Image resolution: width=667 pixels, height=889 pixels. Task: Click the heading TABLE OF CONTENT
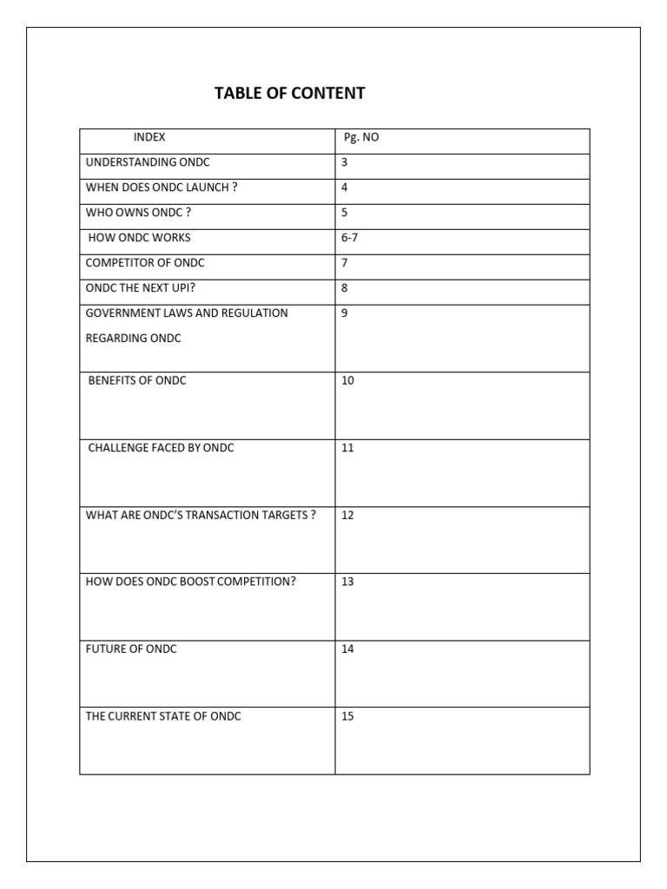pyautogui.click(x=290, y=93)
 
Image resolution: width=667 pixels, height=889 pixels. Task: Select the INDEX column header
pyautogui.click(x=149, y=137)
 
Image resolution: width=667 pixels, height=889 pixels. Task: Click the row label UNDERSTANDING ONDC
pyautogui.click(x=148, y=162)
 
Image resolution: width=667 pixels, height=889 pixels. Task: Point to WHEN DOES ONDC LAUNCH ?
pyautogui.click(x=162, y=188)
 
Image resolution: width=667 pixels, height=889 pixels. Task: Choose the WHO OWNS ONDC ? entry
pyautogui.click(x=138, y=213)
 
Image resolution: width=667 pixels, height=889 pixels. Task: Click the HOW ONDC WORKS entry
pyautogui.click(x=140, y=238)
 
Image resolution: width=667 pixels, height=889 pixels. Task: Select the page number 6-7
pyautogui.click(x=350, y=238)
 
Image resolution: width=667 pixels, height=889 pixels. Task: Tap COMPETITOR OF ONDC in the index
pyautogui.click(x=145, y=263)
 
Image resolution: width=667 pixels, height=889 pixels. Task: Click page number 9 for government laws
pyautogui.click(x=345, y=313)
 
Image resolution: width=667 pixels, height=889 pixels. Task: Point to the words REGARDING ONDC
pyautogui.click(x=134, y=339)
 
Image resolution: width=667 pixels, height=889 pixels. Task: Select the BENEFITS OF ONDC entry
pyautogui.click(x=137, y=380)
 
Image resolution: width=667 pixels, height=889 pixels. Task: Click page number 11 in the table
pyautogui.click(x=347, y=448)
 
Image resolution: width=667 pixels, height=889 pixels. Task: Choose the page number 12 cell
pyautogui.click(x=347, y=515)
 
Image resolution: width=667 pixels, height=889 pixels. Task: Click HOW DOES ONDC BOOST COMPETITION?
pyautogui.click(x=191, y=582)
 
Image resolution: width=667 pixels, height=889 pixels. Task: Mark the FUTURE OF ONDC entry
pyautogui.click(x=131, y=649)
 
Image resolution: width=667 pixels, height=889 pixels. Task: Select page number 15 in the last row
pyautogui.click(x=347, y=716)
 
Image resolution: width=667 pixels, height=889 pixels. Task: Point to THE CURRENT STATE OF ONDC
pyautogui.click(x=163, y=716)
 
